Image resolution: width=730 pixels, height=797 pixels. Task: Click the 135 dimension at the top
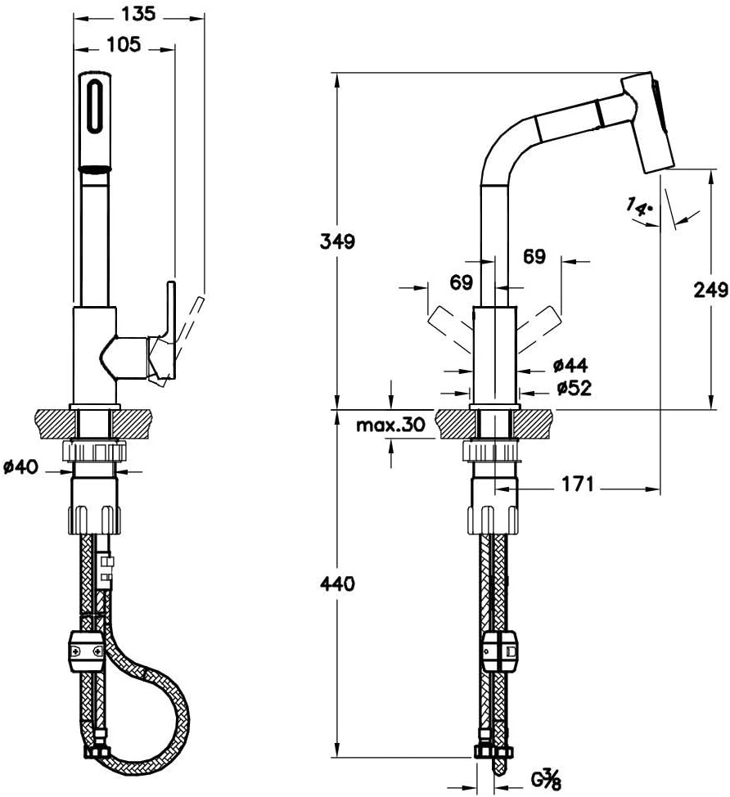(x=138, y=13)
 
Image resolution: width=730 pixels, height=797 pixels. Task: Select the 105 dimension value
(x=124, y=45)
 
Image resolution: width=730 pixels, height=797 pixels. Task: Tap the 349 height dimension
(x=337, y=241)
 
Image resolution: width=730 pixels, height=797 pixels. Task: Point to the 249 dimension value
(x=710, y=290)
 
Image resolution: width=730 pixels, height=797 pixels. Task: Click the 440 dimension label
(x=337, y=583)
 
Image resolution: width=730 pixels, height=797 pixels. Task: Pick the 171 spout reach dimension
(x=578, y=484)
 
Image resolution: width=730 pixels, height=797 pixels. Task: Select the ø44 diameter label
(x=570, y=365)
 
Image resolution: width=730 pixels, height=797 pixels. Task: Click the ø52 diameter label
(x=574, y=389)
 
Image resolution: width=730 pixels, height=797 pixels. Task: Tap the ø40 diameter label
(x=20, y=466)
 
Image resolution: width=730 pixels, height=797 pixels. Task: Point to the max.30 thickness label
(x=390, y=425)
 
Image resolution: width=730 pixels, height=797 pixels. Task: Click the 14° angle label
(x=639, y=207)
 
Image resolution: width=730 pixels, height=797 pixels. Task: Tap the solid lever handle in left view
(x=169, y=330)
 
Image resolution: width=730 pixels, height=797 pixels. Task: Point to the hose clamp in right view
(x=500, y=651)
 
